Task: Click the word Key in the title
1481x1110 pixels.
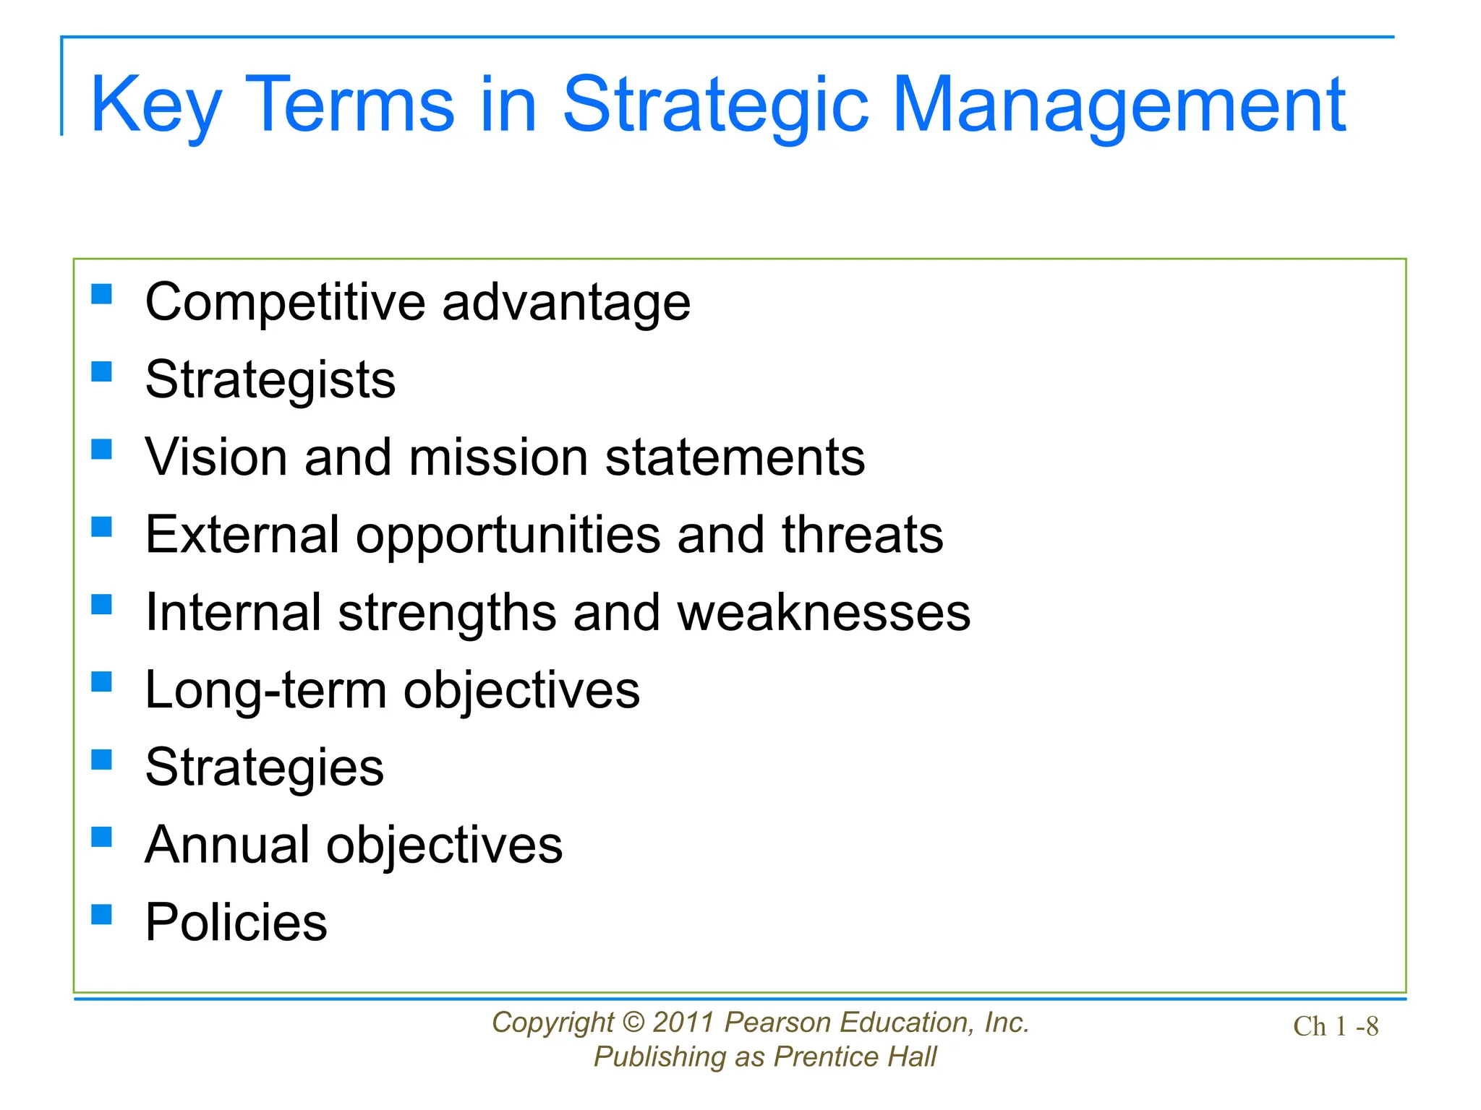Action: point(155,107)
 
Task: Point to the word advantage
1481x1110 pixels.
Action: point(566,303)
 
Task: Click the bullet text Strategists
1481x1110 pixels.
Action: point(270,380)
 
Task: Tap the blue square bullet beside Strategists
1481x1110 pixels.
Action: point(102,371)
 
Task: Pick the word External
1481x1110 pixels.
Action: point(242,535)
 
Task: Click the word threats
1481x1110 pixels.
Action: point(862,535)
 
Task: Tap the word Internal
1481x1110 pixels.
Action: point(233,613)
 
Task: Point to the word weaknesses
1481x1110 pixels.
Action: point(824,613)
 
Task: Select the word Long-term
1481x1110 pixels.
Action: point(265,690)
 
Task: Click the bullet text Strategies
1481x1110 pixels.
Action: point(264,767)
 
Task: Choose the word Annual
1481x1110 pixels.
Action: point(227,845)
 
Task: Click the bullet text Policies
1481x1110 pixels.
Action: point(236,923)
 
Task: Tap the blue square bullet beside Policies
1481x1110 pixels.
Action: point(102,914)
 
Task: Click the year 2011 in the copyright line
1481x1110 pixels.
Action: point(683,1023)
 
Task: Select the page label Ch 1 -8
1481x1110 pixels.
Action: point(1335,1026)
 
